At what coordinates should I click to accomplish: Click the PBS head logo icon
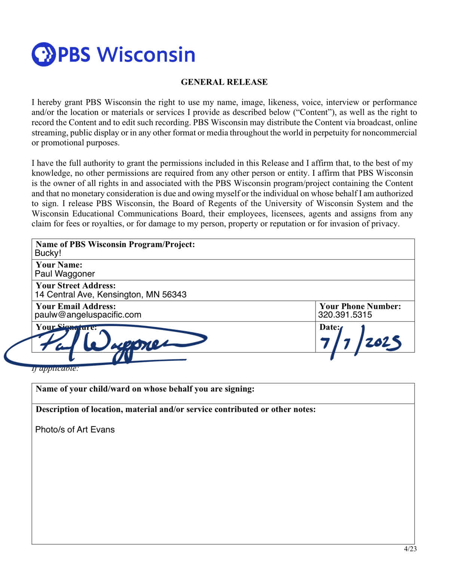43,54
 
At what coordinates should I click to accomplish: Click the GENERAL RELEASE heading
224,82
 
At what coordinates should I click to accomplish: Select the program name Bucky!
48,253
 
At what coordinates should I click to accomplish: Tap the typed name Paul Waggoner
65,274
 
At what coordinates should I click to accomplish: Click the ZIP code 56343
174,294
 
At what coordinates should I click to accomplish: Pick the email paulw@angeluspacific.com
88,315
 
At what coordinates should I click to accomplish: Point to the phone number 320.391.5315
345,315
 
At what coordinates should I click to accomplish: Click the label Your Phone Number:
360,306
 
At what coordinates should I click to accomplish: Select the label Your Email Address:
76,306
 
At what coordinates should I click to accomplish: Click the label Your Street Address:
76,285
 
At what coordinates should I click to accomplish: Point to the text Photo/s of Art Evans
75,429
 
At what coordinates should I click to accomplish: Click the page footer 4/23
410,549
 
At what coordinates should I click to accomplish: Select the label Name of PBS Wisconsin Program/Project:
115,244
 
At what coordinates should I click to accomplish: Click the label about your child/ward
145,389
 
